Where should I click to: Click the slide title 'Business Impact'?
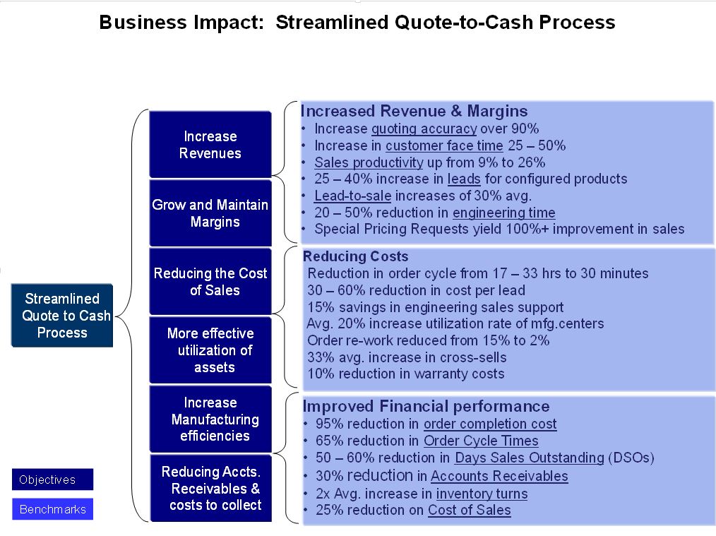[x=181, y=23]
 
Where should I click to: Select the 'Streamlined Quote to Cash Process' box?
[x=62, y=316]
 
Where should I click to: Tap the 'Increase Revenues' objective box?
[x=210, y=144]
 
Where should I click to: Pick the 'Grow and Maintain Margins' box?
[x=210, y=213]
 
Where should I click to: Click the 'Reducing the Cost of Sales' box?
[x=210, y=281]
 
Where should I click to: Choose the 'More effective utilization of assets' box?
[x=210, y=350]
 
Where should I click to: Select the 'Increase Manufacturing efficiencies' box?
[x=210, y=419]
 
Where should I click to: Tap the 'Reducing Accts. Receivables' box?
[x=211, y=488]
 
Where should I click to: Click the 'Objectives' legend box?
[x=52, y=480]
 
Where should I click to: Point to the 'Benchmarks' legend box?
[x=52, y=509]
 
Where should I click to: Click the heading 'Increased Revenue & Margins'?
[x=414, y=111]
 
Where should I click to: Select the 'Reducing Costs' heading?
[x=356, y=256]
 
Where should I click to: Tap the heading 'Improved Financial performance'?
[x=426, y=406]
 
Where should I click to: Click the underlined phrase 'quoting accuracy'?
[x=424, y=129]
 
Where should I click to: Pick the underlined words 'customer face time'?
[x=444, y=145]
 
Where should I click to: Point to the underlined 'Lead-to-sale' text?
[x=352, y=196]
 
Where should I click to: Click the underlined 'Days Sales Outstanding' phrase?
[x=530, y=458]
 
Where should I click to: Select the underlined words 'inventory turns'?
[x=482, y=494]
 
